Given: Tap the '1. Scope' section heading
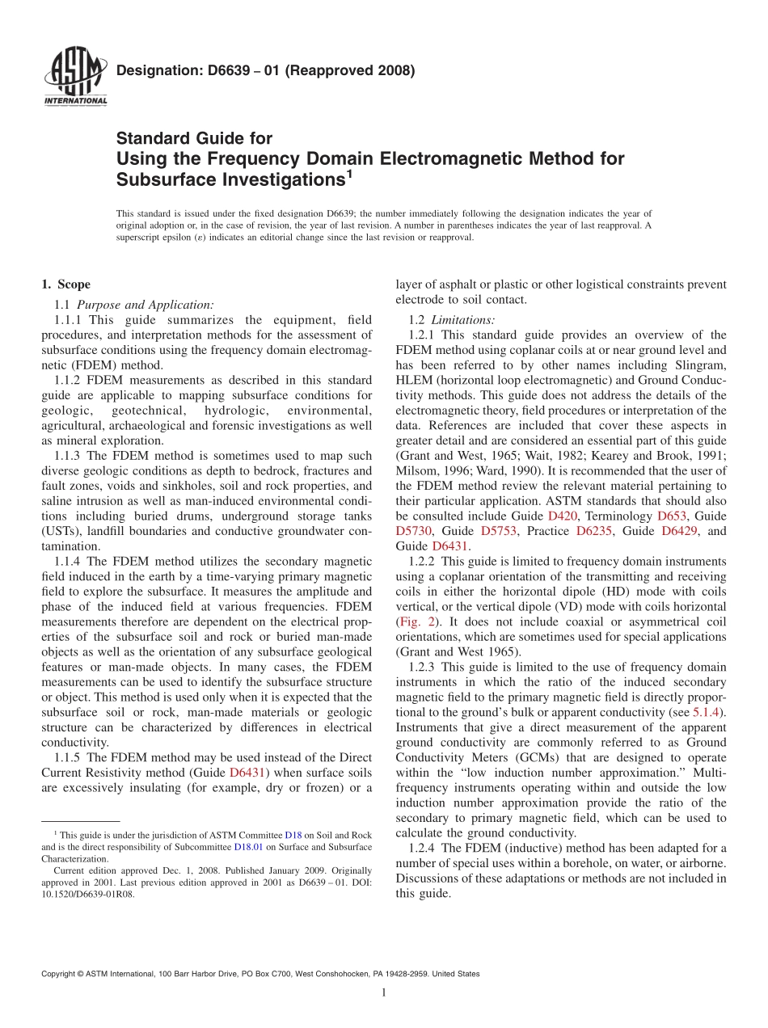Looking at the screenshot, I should click(x=65, y=284).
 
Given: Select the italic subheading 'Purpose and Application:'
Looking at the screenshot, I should click(x=146, y=305).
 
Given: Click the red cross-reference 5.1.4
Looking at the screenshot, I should click(x=708, y=712).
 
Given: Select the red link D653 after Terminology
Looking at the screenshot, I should click(x=673, y=516).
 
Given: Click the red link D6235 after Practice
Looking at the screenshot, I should click(x=594, y=531).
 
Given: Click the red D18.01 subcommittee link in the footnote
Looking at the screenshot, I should click(x=249, y=847).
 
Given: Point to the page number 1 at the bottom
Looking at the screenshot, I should click(x=384, y=992).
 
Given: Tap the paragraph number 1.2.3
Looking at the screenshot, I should click(x=421, y=667).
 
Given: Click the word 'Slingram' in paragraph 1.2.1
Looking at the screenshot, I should click(x=700, y=364).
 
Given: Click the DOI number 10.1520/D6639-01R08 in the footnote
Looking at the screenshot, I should click(x=88, y=895).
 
